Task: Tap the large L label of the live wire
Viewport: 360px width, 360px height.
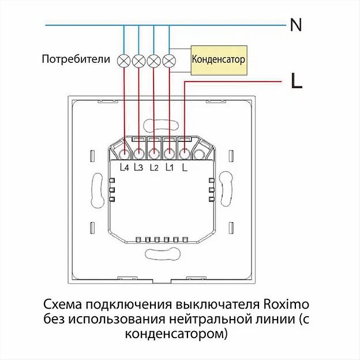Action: coord(297,82)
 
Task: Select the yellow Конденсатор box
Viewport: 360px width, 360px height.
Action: coord(218,59)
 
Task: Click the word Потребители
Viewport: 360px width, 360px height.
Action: coord(76,59)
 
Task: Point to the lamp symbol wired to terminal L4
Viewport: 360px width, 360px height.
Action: coord(123,59)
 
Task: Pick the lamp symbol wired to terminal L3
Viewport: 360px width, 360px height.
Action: coord(138,59)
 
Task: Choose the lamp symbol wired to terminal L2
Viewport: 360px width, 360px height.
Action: coord(153,59)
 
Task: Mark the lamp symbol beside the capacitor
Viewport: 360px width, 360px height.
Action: coord(168,59)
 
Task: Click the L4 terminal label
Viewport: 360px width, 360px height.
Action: coord(124,168)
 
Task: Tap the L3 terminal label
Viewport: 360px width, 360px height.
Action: coord(138,168)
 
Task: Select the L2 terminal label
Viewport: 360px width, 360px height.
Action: coord(153,168)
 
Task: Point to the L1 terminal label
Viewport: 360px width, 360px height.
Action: coord(169,168)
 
